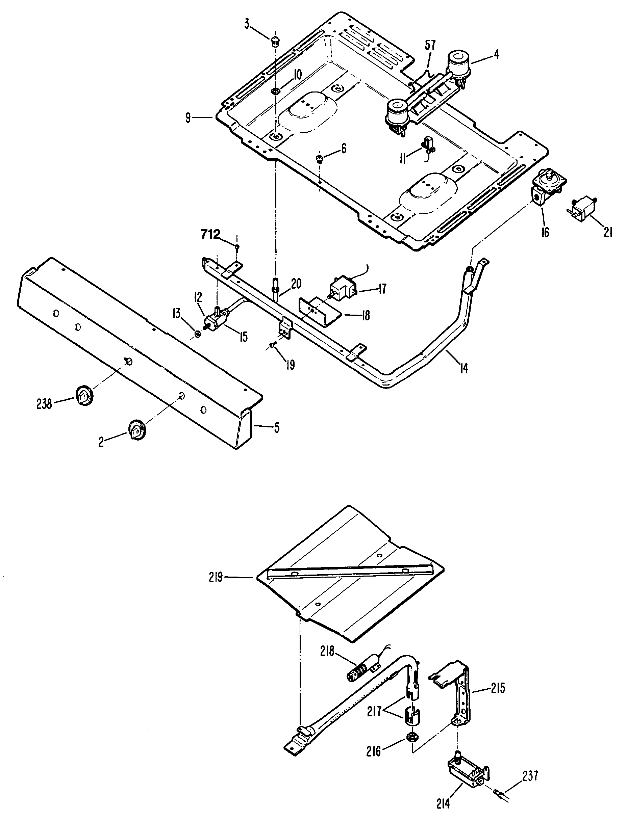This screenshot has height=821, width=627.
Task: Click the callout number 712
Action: click(x=210, y=235)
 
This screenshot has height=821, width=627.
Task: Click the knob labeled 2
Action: click(x=137, y=431)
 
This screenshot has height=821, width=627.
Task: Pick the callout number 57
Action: click(x=430, y=46)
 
